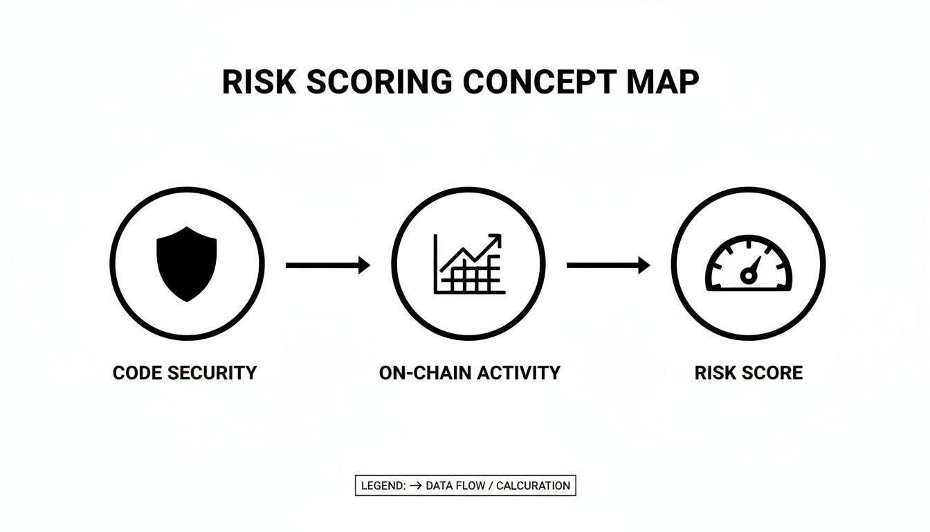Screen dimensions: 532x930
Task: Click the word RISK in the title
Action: (259, 82)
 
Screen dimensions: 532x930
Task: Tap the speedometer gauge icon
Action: (748, 265)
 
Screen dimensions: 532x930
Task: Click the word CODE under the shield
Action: (139, 373)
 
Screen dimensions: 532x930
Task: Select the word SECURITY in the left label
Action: (214, 373)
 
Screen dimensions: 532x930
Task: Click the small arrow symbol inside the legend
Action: (415, 486)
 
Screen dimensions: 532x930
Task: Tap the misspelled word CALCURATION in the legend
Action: (533, 486)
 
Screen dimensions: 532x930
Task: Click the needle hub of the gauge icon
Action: (747, 276)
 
